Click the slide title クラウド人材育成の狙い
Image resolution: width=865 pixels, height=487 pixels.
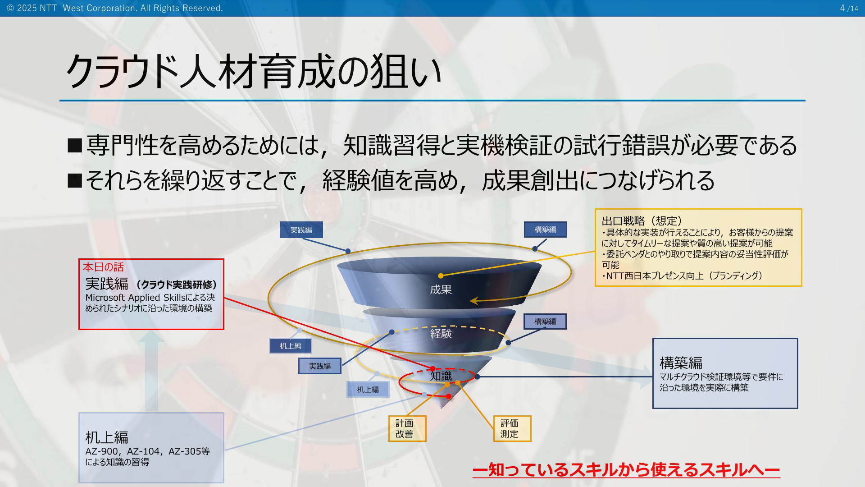(x=254, y=71)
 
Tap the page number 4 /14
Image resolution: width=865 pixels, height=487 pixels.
(x=849, y=8)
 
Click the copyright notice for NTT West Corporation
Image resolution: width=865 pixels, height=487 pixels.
(x=115, y=8)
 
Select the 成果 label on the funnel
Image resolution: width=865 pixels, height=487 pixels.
(x=441, y=289)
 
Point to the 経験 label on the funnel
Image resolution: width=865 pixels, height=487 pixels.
(x=441, y=334)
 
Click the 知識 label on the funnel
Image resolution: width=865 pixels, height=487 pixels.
(x=441, y=376)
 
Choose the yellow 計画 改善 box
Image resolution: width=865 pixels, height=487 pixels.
(x=407, y=428)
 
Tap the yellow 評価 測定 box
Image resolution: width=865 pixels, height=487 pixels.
(x=512, y=428)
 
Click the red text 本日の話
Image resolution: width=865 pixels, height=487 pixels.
(x=103, y=267)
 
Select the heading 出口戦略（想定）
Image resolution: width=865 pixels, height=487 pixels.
(x=642, y=221)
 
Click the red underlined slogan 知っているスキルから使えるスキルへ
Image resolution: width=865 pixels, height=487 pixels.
(x=626, y=469)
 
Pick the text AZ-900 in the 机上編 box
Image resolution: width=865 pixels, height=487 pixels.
(x=102, y=451)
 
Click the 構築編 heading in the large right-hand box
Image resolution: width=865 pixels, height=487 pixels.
(x=681, y=363)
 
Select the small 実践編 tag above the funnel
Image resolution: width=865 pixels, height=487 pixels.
(x=301, y=230)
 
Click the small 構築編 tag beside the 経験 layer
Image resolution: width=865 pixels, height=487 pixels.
(x=545, y=322)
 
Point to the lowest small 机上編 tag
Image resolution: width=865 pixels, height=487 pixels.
(x=368, y=389)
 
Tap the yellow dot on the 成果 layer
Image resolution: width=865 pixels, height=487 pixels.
(x=441, y=276)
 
